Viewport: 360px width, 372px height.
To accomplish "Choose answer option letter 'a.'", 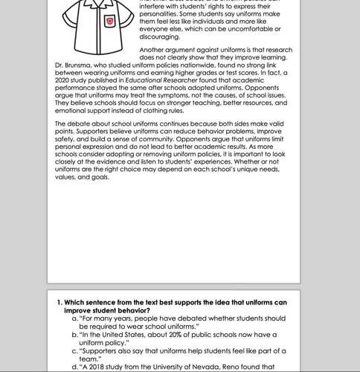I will click(x=75, y=318).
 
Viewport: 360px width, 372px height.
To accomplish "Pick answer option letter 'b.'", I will click(x=75, y=335).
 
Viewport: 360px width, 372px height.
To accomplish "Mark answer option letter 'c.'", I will click(x=75, y=350).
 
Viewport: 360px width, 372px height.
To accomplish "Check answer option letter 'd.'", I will click(x=75, y=367).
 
